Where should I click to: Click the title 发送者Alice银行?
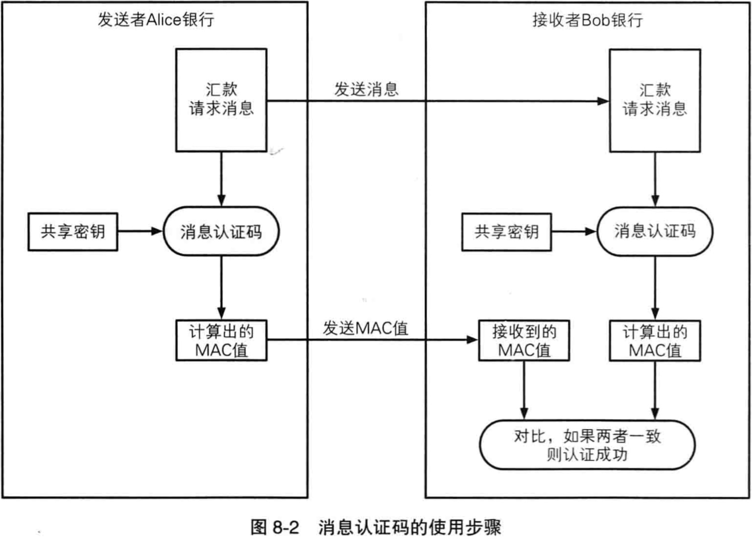click(155, 20)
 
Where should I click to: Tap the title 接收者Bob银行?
click(587, 20)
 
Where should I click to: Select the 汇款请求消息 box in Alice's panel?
click(221, 100)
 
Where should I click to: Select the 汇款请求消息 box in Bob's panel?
click(655, 100)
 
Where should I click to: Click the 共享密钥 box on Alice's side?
click(72, 231)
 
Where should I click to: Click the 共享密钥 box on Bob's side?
click(506, 232)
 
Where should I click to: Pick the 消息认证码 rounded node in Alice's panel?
click(221, 231)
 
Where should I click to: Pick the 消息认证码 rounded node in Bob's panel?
click(655, 231)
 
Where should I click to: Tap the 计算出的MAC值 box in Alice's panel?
click(221, 340)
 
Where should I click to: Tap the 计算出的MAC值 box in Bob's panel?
click(655, 340)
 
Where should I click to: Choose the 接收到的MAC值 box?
click(524, 340)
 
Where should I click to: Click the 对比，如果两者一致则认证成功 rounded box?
click(587, 445)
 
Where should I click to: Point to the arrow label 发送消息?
click(366, 89)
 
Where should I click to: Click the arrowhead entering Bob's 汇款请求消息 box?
click(603, 102)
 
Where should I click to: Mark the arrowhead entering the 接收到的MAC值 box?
click(472, 340)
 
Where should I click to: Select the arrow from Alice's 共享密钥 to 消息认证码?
click(140, 231)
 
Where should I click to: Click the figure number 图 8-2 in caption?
click(275, 527)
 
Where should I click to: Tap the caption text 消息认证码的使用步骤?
click(410, 527)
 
